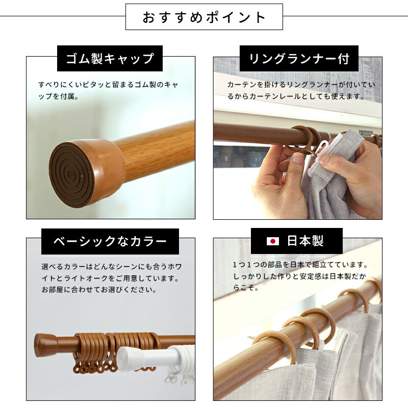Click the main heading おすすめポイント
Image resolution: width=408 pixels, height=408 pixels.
pos(204,17)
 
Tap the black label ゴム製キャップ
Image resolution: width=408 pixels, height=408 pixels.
pos(110,58)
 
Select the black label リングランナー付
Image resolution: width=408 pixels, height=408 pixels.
pos(299,58)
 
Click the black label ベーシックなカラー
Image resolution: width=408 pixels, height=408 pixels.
pos(110,241)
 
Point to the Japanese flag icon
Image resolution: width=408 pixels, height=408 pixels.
pos(273,241)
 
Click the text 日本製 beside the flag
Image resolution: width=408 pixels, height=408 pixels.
pos(305,241)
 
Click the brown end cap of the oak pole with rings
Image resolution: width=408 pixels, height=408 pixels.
pos(44,345)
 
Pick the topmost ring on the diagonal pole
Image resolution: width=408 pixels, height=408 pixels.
pos(375,286)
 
